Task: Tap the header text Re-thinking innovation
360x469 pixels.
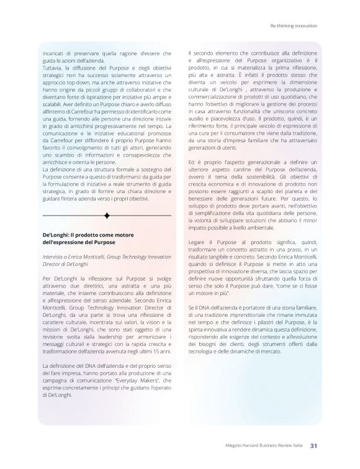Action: (294, 26)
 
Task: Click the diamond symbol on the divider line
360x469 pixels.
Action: (107, 216)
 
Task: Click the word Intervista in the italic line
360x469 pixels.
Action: (53, 255)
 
